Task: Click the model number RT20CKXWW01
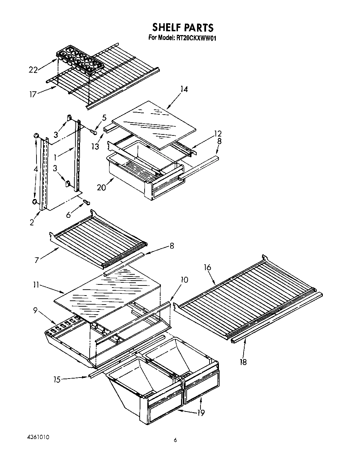[182, 38]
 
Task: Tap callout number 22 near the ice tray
[33, 70]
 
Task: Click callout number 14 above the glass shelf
[184, 89]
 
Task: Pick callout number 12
[218, 134]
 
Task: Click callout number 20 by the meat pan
[101, 187]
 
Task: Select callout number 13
[96, 147]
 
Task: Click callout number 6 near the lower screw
[68, 215]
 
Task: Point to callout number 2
[32, 223]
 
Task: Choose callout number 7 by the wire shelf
[36, 259]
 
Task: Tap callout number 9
[35, 311]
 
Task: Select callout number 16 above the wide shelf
[207, 267]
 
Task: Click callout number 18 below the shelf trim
[243, 362]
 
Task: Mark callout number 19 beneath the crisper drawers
[201, 413]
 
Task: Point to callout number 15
[57, 380]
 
